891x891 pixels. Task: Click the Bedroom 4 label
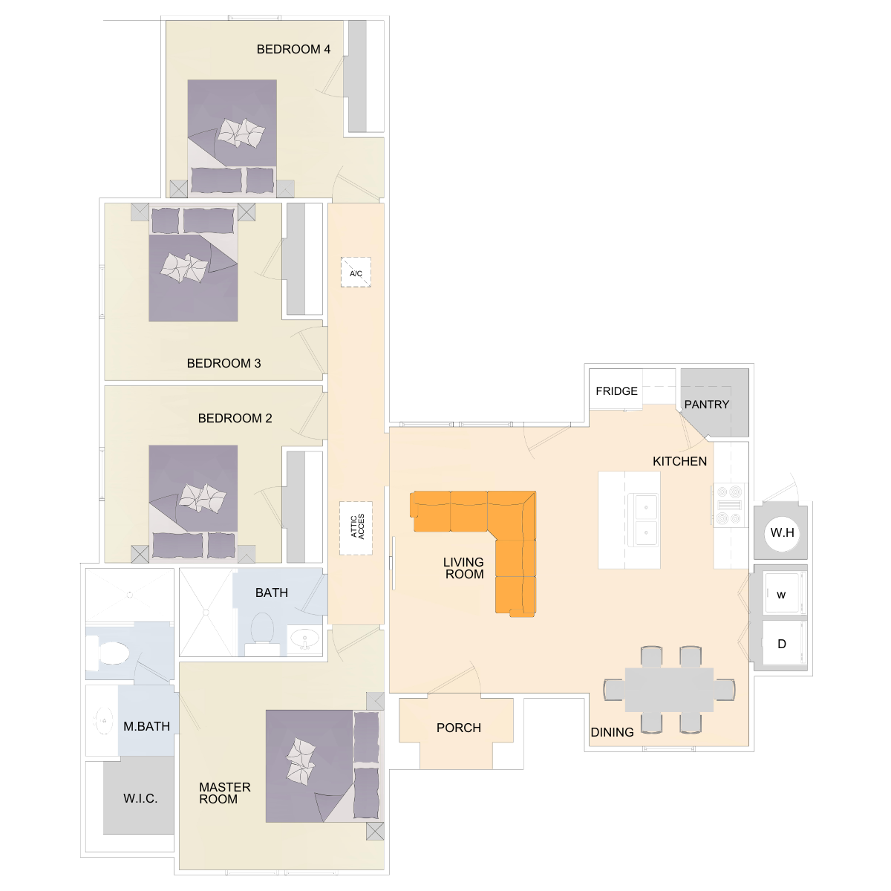click(x=293, y=50)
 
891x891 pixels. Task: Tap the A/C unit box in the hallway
click(x=356, y=272)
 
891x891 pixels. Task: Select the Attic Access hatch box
click(x=356, y=529)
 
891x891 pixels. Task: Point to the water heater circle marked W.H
click(x=783, y=533)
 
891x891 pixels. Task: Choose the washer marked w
click(x=782, y=594)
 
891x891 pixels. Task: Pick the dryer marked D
click(x=782, y=643)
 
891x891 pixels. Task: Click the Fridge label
click(x=616, y=391)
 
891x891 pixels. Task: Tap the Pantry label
click(x=707, y=405)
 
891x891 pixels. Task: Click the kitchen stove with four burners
click(x=728, y=505)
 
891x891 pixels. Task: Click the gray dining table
click(x=669, y=689)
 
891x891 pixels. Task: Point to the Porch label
click(x=459, y=728)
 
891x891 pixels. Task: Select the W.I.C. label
click(x=140, y=798)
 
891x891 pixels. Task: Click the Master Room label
click(x=225, y=793)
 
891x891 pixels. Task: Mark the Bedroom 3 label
click(x=223, y=363)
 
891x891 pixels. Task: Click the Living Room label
click(x=463, y=568)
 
